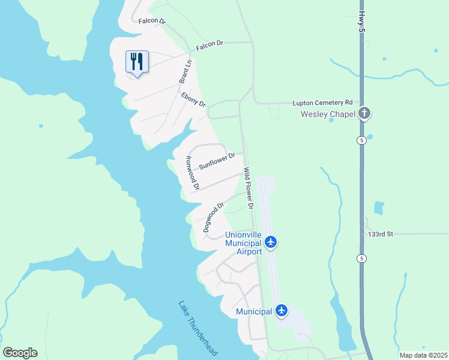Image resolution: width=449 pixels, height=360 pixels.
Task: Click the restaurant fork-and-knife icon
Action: tap(137, 61)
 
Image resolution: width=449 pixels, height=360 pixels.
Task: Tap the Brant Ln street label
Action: tap(185, 71)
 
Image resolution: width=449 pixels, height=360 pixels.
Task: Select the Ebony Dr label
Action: tap(193, 99)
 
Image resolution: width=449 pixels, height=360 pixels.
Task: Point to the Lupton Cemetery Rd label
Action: tap(322, 103)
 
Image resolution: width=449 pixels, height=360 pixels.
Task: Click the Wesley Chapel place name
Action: tap(329, 113)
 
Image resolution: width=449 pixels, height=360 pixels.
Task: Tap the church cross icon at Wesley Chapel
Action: tap(364, 113)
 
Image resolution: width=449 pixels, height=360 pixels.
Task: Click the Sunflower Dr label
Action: tap(217, 161)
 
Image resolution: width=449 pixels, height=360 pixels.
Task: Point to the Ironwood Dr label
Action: tap(191, 173)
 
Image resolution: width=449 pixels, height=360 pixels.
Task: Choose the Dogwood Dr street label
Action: tap(213, 217)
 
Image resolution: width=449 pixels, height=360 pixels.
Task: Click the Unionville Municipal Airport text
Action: tap(243, 243)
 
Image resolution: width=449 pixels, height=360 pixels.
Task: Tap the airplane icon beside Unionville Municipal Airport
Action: tap(271, 242)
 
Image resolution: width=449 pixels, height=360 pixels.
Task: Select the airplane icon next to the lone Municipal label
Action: tap(282, 311)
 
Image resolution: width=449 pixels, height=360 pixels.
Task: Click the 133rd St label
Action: tap(380, 234)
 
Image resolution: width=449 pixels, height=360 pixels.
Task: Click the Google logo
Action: tap(20, 353)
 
